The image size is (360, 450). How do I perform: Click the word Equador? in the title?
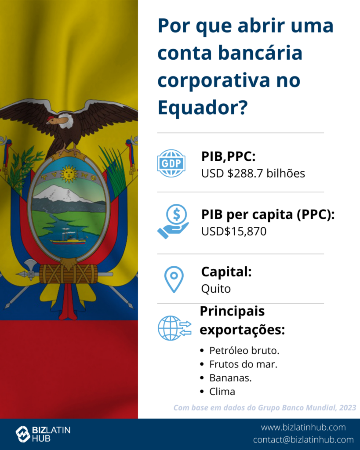202,108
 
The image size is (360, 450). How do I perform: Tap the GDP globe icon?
171,163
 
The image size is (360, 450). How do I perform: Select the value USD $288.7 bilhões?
253,173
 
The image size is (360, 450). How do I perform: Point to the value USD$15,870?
234,231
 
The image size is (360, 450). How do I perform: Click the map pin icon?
174,279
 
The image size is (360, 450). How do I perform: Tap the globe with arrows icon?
175,328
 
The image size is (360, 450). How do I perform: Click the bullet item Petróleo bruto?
244,351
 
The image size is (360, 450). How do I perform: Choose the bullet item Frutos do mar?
243,364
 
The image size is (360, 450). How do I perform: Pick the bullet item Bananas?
230,378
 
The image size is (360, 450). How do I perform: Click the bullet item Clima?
222,392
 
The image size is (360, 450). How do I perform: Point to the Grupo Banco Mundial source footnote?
265,407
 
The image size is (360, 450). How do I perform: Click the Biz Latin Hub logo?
43,434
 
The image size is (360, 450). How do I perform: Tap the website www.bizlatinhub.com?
303,427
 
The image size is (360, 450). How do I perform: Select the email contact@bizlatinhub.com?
303,439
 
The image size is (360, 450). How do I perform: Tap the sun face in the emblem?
69,174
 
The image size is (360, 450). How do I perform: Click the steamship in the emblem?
68,238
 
